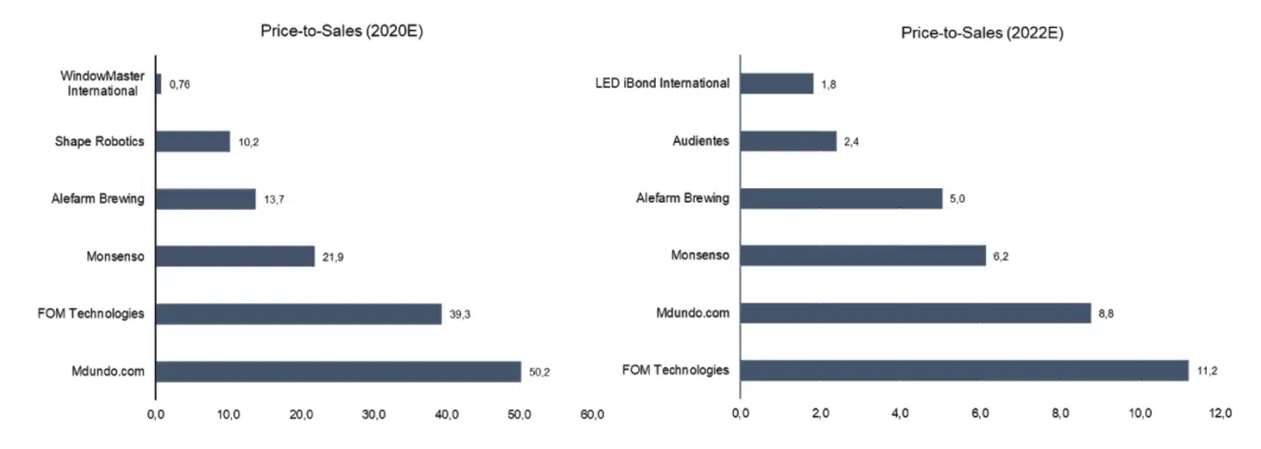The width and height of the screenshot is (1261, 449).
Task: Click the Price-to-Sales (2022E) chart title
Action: tap(982, 32)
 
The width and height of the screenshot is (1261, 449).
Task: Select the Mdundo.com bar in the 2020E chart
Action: tap(338, 371)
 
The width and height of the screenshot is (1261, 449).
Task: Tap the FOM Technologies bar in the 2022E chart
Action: tap(964, 370)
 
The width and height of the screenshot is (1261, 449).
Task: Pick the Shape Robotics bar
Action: tap(193, 142)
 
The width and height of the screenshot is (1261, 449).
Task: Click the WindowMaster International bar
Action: tap(159, 84)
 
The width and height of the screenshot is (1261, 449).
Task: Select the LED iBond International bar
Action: tap(777, 83)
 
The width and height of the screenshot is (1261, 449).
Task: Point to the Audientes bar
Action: tap(788, 141)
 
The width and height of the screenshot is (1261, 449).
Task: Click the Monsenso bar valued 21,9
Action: tap(235, 256)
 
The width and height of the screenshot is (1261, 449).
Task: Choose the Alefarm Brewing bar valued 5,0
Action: tap(842, 199)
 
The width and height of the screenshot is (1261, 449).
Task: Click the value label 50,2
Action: tap(539, 372)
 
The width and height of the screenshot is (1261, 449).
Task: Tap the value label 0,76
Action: tap(180, 85)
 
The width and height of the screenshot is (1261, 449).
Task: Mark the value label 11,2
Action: tap(1207, 371)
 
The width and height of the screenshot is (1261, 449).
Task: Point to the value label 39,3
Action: tap(461, 314)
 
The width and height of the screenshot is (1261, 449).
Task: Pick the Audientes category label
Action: tap(701, 141)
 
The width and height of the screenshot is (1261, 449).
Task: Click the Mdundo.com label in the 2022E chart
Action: tap(692, 312)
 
